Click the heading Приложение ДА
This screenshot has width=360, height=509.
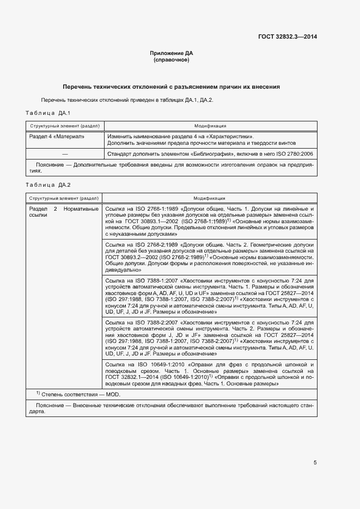(x=171, y=53)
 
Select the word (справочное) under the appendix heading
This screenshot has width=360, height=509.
(x=171, y=60)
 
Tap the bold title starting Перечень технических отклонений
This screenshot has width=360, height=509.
(x=171, y=87)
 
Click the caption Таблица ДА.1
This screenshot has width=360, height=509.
(x=48, y=113)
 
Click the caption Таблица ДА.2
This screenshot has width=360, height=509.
(x=48, y=185)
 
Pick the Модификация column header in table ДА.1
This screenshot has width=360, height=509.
(x=210, y=126)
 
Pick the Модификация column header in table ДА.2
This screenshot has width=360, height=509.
(x=210, y=198)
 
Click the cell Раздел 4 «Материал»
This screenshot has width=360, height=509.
(x=57, y=136)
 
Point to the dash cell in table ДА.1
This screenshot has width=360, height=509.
(x=64, y=154)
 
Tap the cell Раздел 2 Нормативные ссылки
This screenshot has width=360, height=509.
(x=64, y=212)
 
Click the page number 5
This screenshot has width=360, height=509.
(x=315, y=463)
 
